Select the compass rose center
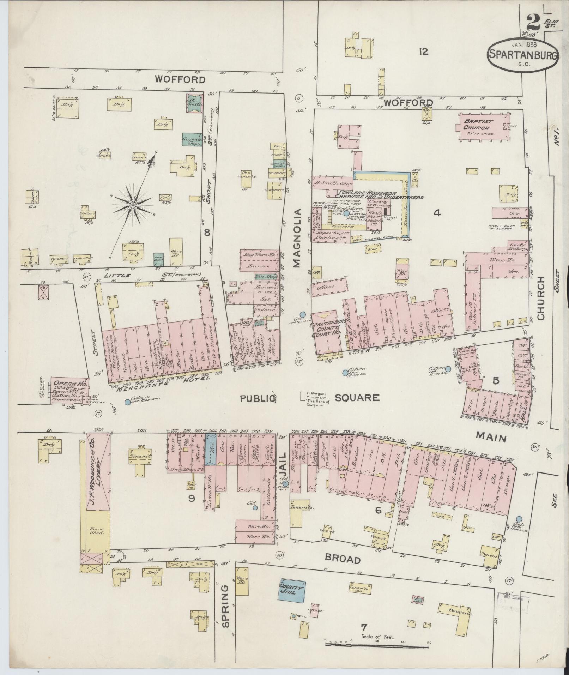(x=133, y=205)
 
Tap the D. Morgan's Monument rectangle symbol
(x=302, y=396)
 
